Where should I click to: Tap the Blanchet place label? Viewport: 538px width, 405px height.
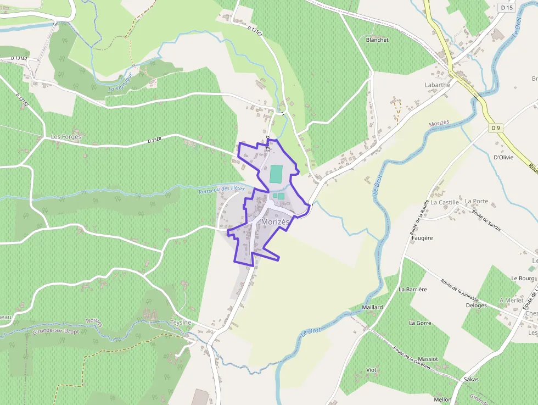(377, 40)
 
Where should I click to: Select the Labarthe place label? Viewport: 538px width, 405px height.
(437, 85)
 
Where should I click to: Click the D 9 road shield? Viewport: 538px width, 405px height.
(496, 128)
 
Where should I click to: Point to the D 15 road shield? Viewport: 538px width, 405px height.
(507, 8)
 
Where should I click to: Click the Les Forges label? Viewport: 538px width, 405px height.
(66, 137)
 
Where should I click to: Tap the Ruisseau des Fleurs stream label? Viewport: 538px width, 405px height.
(222, 188)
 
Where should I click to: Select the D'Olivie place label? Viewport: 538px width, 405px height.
(503, 157)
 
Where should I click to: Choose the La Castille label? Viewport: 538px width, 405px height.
(444, 202)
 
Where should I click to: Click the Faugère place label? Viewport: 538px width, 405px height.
(422, 238)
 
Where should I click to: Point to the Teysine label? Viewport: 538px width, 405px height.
(181, 323)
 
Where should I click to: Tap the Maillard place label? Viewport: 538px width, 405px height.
(373, 307)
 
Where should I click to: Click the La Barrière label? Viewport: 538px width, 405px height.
(413, 289)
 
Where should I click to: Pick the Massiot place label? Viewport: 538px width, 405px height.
(428, 359)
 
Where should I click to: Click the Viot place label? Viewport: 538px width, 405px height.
(371, 370)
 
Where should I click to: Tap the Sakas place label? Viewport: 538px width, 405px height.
(471, 379)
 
